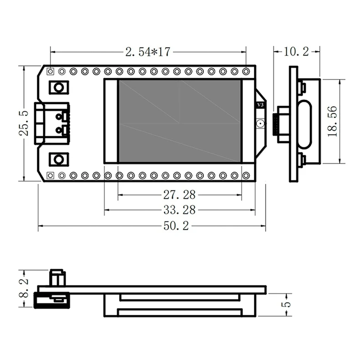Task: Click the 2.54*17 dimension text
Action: (x=147, y=52)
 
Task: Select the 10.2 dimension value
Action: (x=296, y=51)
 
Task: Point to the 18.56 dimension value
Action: (x=332, y=121)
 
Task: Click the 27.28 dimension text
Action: (x=179, y=195)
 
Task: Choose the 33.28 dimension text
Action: (x=179, y=210)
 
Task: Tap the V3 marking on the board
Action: (x=261, y=105)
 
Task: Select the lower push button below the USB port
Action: (x=58, y=159)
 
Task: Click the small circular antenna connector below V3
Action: (x=260, y=123)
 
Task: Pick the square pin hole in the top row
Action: (x=50, y=71)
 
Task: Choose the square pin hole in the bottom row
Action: (x=50, y=175)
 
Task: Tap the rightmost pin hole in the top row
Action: (x=246, y=71)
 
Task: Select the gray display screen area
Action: (x=179, y=121)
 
